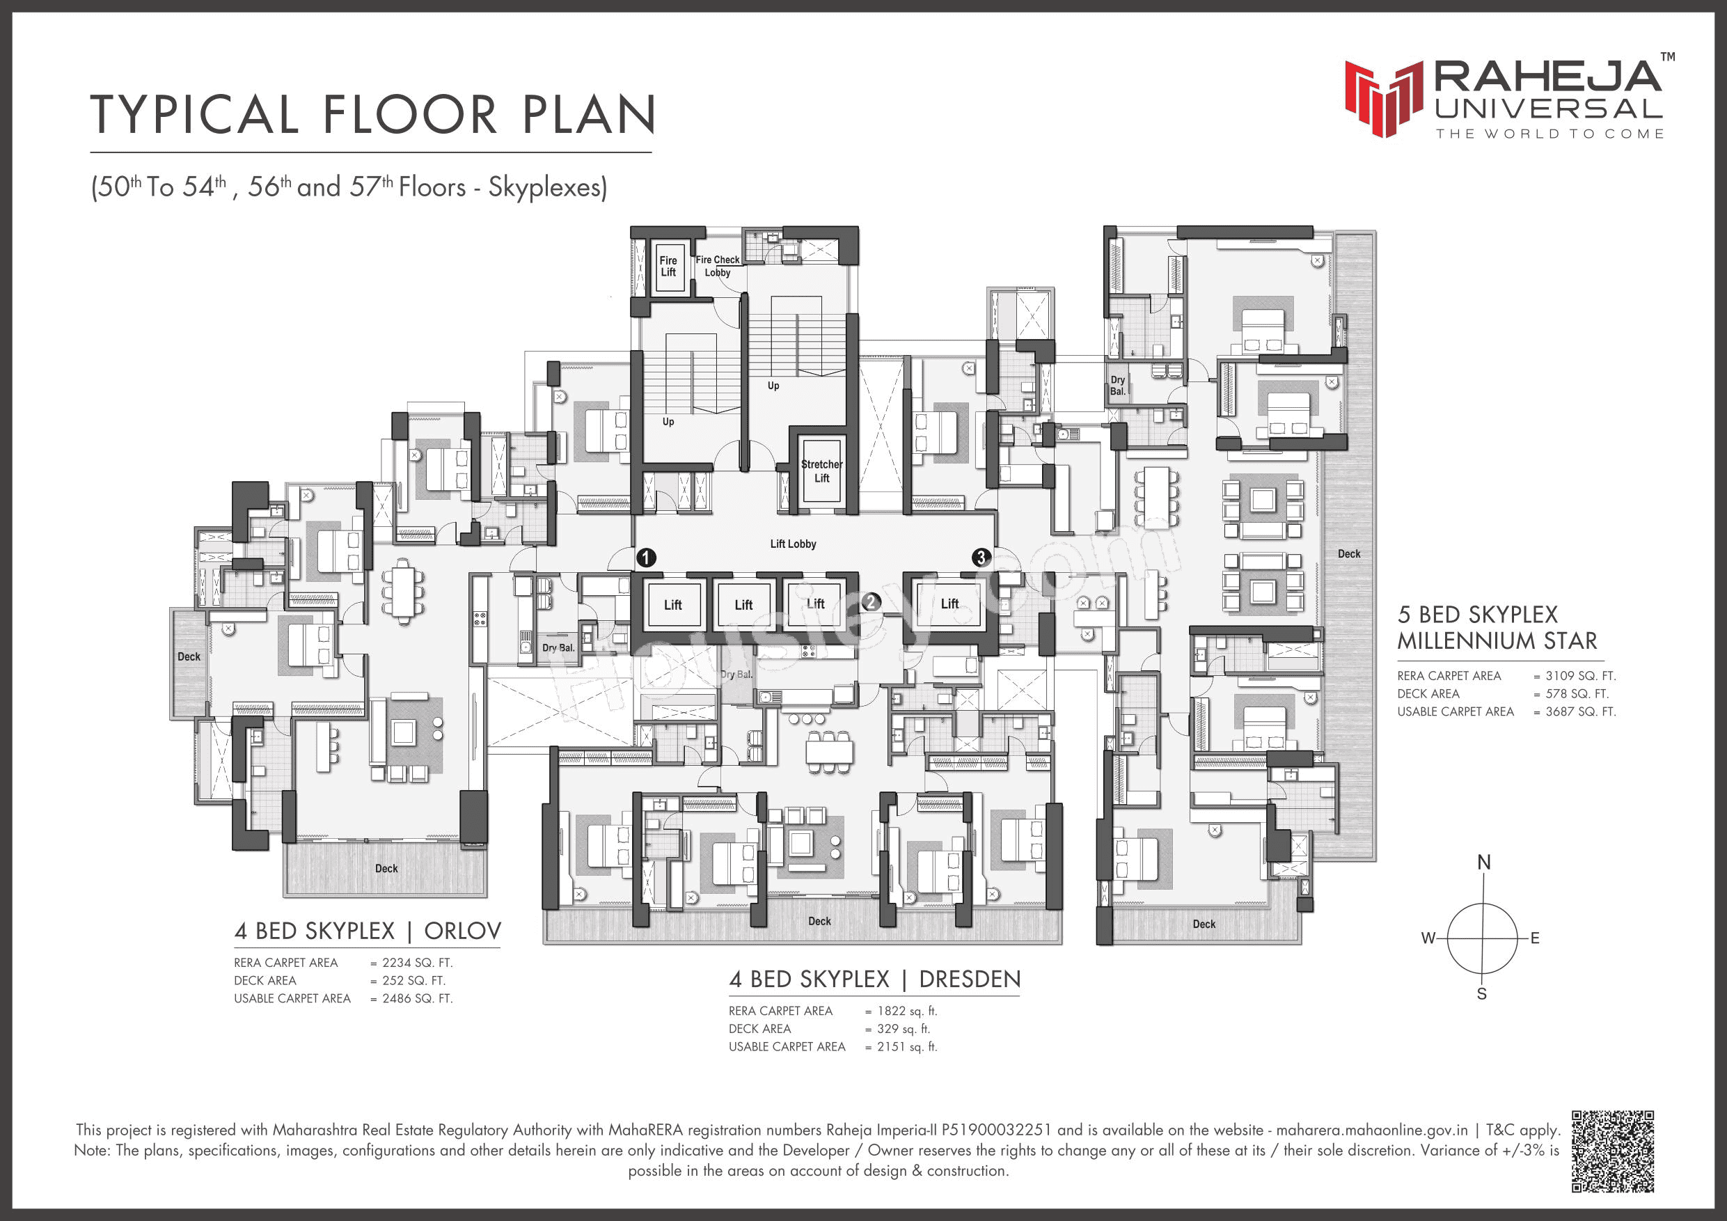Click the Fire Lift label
click(x=668, y=267)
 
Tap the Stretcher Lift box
click(x=821, y=471)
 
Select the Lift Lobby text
click(x=793, y=544)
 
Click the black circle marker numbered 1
click(x=646, y=558)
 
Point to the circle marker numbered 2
click(x=871, y=602)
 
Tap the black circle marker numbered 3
click(x=981, y=558)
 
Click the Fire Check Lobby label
click(x=718, y=265)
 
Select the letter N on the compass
click(x=1483, y=862)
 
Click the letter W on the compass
click(x=1428, y=938)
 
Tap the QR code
click(x=1613, y=1151)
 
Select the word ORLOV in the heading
click(x=463, y=931)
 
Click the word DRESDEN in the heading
click(x=970, y=979)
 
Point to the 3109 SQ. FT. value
click(x=1580, y=675)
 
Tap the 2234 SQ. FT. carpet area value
click(x=417, y=963)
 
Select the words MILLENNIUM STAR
click(x=1497, y=641)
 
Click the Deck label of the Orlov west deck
click(x=189, y=656)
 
